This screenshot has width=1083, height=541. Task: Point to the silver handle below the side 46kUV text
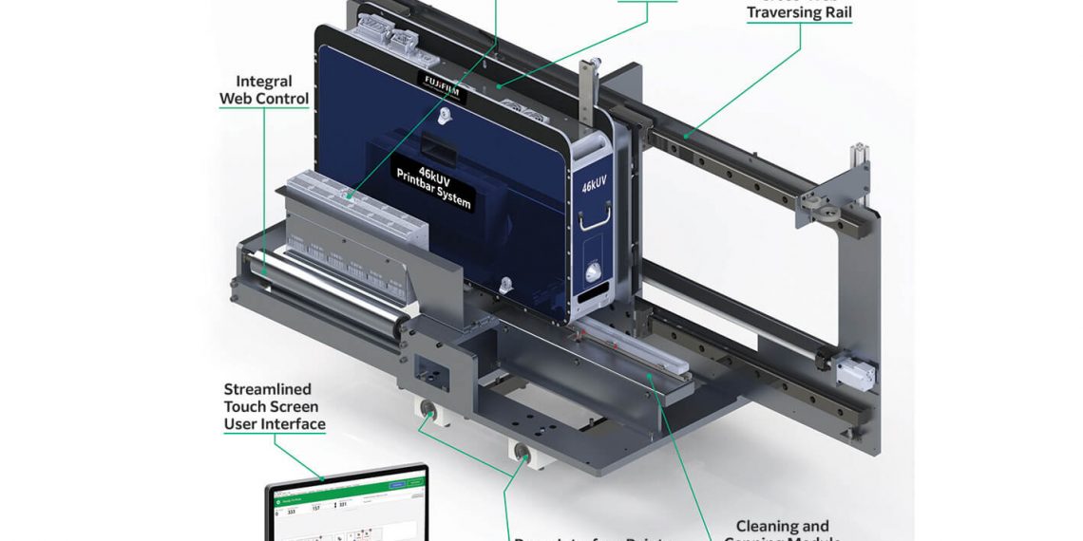coord(595,220)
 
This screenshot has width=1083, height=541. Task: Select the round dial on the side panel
coord(595,273)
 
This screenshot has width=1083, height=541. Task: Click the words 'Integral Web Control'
coord(264,90)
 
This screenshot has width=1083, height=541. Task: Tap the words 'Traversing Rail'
coord(799,13)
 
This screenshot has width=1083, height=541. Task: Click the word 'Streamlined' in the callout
coord(267,389)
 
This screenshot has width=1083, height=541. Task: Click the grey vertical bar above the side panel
coord(586,95)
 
